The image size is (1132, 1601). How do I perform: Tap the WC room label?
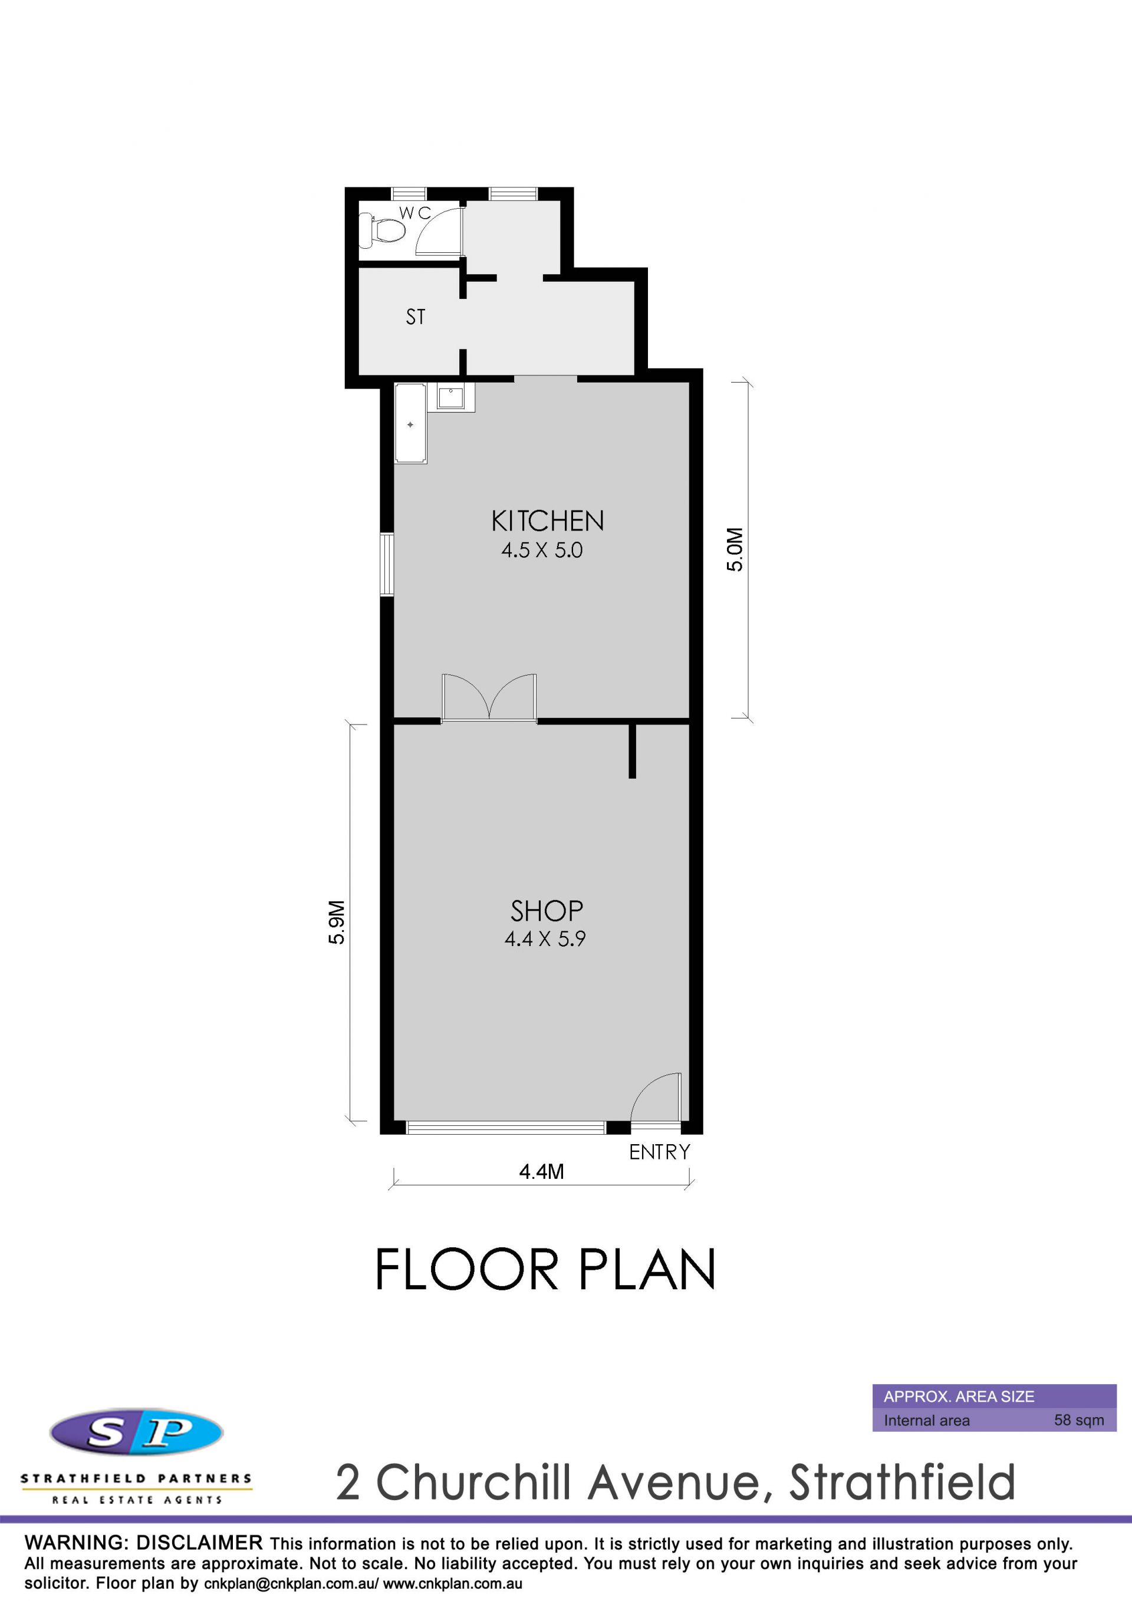[x=415, y=213]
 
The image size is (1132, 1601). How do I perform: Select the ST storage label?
[x=416, y=317]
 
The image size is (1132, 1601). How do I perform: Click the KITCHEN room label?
[x=548, y=521]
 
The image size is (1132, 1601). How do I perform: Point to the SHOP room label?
[x=547, y=911]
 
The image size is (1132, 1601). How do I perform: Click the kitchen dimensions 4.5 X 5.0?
[x=542, y=550]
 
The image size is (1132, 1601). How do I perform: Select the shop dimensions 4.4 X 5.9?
[x=545, y=938]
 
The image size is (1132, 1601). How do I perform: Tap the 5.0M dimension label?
[x=735, y=549]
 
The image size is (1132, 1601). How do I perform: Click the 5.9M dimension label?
[x=336, y=923]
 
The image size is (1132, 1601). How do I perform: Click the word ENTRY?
[x=659, y=1152]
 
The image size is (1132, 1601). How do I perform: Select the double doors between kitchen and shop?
[x=489, y=697]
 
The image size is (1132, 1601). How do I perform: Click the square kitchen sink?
[x=450, y=397]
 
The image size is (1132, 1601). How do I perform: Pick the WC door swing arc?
[x=439, y=230]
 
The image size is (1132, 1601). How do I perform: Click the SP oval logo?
[x=137, y=1432]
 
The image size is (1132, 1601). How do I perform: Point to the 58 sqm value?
[x=1079, y=1419]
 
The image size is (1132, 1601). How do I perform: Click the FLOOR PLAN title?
[x=545, y=1269]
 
